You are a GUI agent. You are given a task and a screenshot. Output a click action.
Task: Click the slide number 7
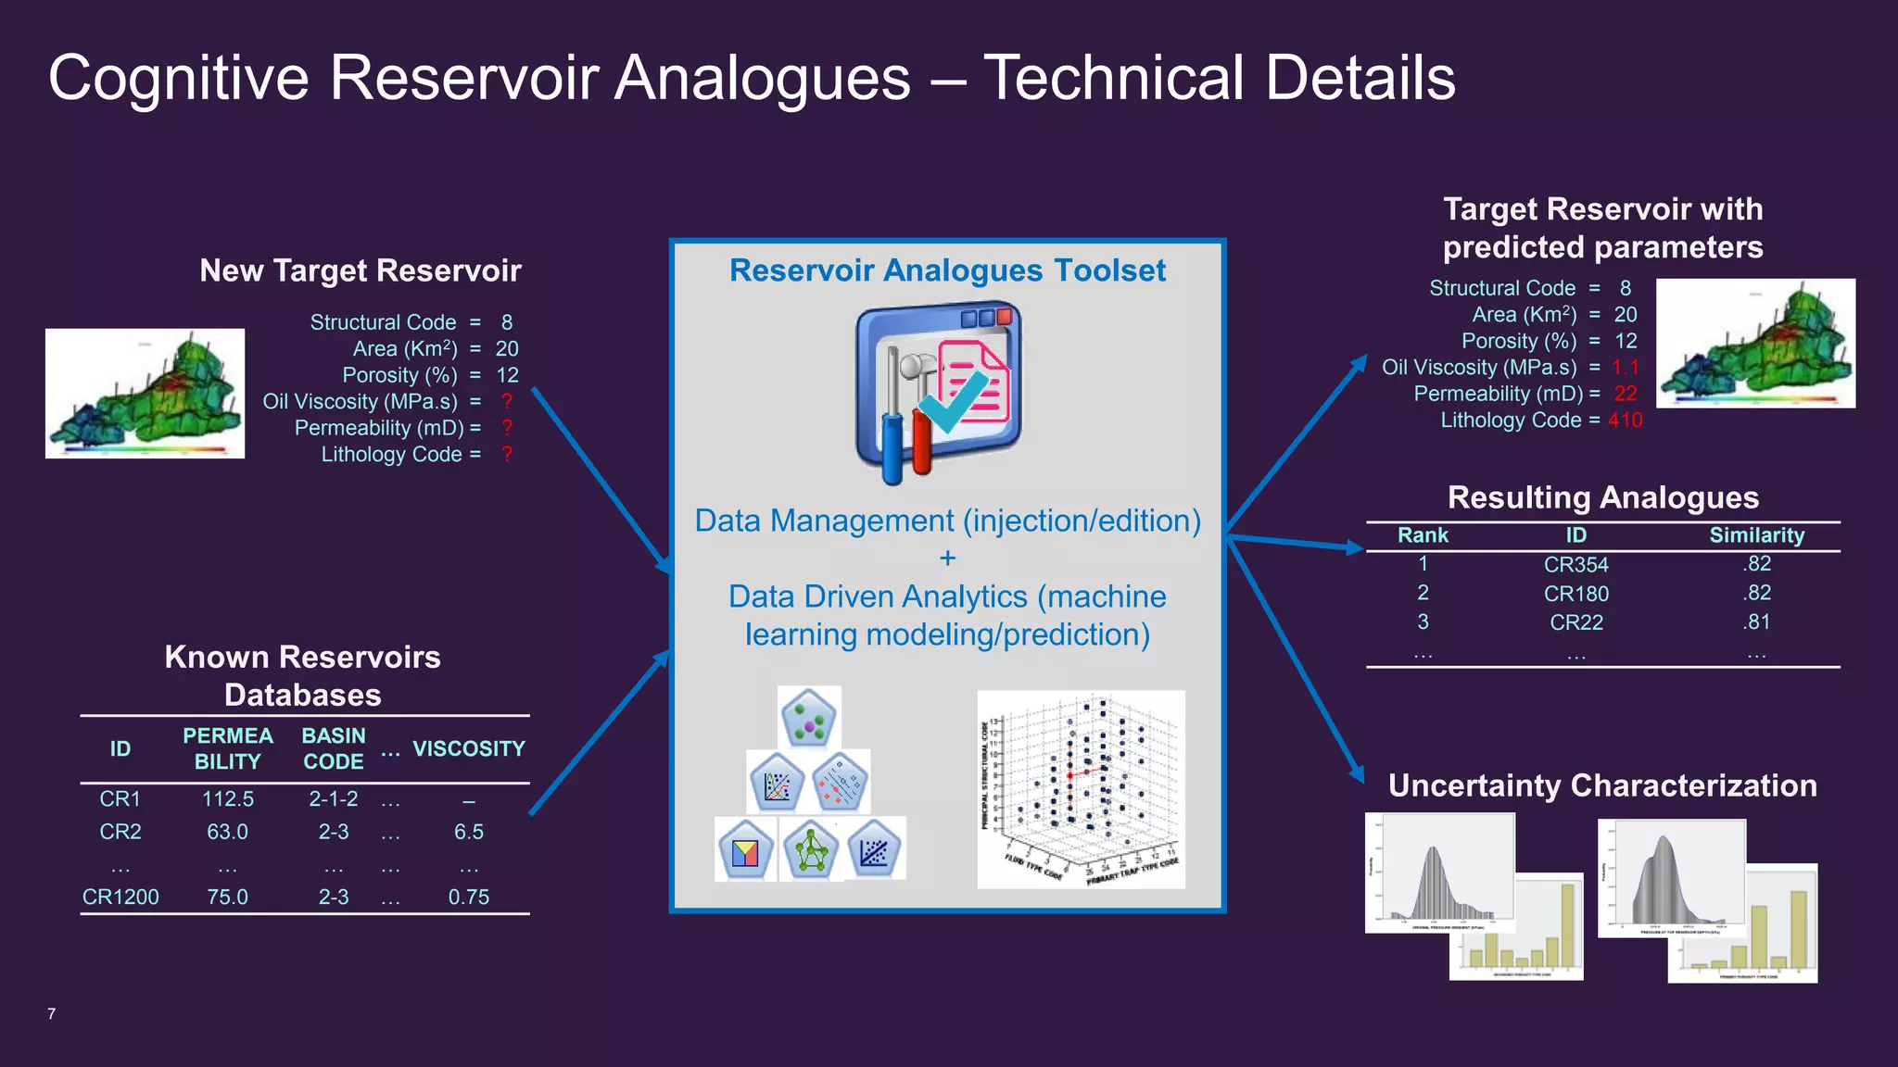(52, 1014)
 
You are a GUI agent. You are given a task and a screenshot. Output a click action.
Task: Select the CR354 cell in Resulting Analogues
(1575, 565)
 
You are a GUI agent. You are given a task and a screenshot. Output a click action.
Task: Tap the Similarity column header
(1756, 535)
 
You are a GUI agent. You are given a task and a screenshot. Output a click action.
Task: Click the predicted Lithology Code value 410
(1625, 421)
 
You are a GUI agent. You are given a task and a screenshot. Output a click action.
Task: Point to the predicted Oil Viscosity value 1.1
(1625, 368)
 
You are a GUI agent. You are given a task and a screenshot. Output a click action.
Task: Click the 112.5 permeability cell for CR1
(227, 799)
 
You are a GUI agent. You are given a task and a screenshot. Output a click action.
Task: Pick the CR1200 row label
(120, 897)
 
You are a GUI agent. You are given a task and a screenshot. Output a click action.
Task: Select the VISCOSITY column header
(468, 748)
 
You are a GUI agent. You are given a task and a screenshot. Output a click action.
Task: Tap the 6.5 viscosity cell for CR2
(468, 832)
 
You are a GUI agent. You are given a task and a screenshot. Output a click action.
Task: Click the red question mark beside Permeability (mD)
(507, 428)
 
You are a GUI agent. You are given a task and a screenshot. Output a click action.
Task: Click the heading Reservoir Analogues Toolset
(947, 270)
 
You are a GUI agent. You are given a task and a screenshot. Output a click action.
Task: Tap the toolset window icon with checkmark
(938, 391)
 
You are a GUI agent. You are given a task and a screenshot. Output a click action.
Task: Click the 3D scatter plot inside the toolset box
(1081, 789)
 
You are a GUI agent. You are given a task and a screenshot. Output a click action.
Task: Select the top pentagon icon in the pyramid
(809, 718)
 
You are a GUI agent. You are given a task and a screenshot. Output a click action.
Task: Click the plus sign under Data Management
(947, 559)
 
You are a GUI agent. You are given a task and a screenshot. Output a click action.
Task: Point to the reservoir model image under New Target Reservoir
(145, 394)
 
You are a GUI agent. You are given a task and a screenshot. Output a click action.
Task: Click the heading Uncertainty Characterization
(1601, 785)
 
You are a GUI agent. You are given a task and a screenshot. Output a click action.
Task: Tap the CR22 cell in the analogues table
(1575, 622)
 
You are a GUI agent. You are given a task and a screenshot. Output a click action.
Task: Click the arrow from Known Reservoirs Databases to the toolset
(599, 733)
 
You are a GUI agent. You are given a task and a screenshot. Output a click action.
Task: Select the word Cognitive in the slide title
(178, 78)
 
